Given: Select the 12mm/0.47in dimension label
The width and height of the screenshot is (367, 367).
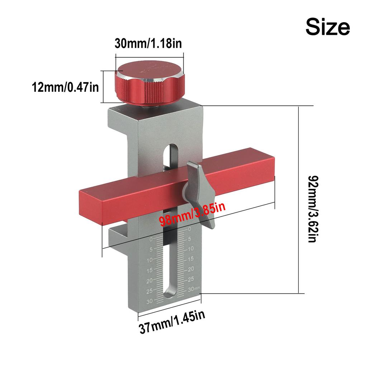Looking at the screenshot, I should click(x=65, y=87).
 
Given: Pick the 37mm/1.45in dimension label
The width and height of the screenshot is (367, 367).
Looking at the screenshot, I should click(x=172, y=325).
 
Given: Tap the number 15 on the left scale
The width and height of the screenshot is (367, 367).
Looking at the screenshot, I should click(x=149, y=270).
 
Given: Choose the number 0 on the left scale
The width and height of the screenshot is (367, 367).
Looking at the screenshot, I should click(x=151, y=239).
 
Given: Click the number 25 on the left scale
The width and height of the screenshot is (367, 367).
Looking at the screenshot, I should click(x=149, y=291).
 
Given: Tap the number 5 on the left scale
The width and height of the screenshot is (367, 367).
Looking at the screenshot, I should click(x=151, y=249).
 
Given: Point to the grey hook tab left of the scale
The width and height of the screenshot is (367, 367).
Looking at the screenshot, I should click(x=119, y=237).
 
